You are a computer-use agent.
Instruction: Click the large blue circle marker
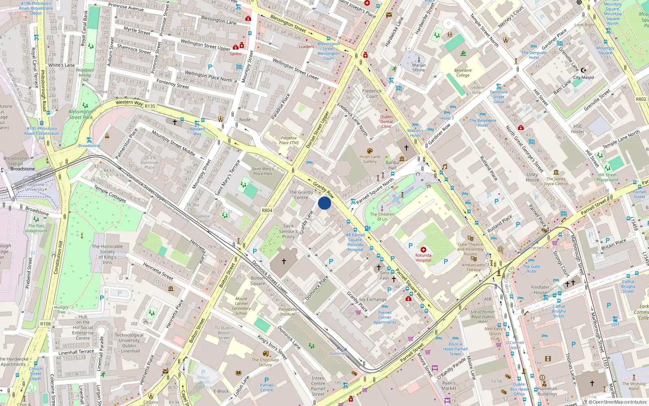(x=324, y=203)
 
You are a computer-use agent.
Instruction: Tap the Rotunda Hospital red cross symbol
(x=423, y=250)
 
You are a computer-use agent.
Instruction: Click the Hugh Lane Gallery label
(x=370, y=159)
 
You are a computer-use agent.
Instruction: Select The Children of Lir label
(x=382, y=216)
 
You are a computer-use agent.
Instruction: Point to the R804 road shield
(x=267, y=210)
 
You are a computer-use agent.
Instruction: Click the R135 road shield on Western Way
(x=150, y=106)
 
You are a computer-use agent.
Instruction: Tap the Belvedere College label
(x=463, y=73)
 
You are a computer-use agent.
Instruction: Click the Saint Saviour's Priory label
(x=288, y=231)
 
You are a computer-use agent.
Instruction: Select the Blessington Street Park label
(x=81, y=114)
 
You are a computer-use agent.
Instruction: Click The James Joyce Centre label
(x=556, y=181)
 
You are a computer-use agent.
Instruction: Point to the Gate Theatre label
(x=471, y=244)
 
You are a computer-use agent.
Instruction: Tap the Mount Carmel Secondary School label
(x=241, y=306)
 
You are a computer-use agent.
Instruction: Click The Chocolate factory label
(x=265, y=362)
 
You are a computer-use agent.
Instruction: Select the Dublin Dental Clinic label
(x=387, y=121)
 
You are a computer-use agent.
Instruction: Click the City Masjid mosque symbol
(x=584, y=70)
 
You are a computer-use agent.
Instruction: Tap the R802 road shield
(x=641, y=99)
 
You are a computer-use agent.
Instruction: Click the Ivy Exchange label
(x=373, y=299)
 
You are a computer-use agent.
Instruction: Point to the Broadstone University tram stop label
(x=34, y=187)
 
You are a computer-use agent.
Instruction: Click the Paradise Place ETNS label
(x=289, y=140)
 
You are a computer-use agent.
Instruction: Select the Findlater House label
(x=540, y=289)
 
